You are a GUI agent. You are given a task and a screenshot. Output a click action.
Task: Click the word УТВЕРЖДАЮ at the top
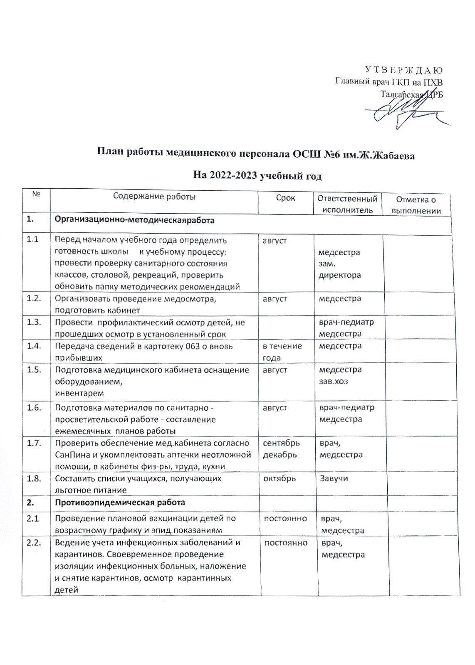(403, 69)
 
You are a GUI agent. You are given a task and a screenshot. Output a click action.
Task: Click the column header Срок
(285, 198)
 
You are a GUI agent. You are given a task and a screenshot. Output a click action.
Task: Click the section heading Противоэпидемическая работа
(120, 502)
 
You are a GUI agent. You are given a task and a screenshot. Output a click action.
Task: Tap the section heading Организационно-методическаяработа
(135, 220)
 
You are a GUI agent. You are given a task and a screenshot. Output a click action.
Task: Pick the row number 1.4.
(34, 346)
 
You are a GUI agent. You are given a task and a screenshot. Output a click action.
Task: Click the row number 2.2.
(34, 543)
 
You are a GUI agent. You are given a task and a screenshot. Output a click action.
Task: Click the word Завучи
(334, 478)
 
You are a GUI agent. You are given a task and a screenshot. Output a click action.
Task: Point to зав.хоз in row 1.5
(333, 381)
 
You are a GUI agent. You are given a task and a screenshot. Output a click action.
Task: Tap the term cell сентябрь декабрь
(281, 449)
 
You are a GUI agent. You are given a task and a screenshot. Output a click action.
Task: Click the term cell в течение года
(282, 352)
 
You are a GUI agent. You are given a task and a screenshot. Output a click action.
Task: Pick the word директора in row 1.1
(339, 275)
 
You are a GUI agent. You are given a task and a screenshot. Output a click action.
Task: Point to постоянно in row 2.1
(286, 519)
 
